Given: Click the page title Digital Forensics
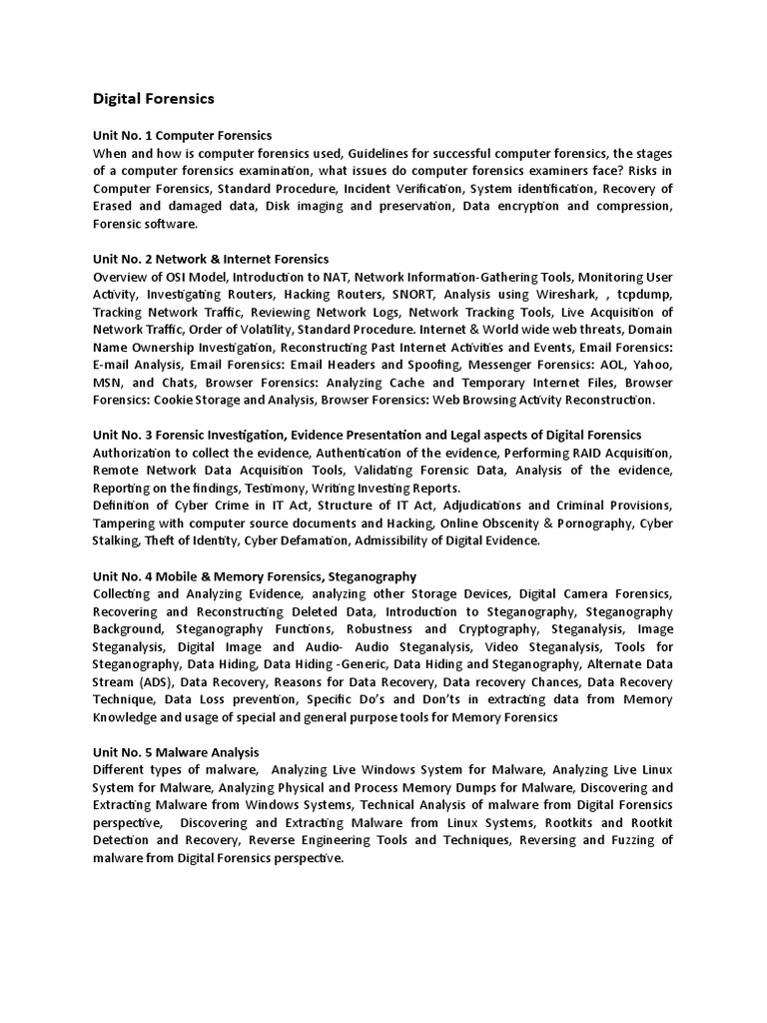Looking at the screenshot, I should click(153, 99).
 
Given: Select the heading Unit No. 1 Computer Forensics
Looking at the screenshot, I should click(182, 135).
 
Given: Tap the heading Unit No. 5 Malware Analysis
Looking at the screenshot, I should click(176, 751).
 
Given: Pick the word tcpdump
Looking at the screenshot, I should click(645, 295).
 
